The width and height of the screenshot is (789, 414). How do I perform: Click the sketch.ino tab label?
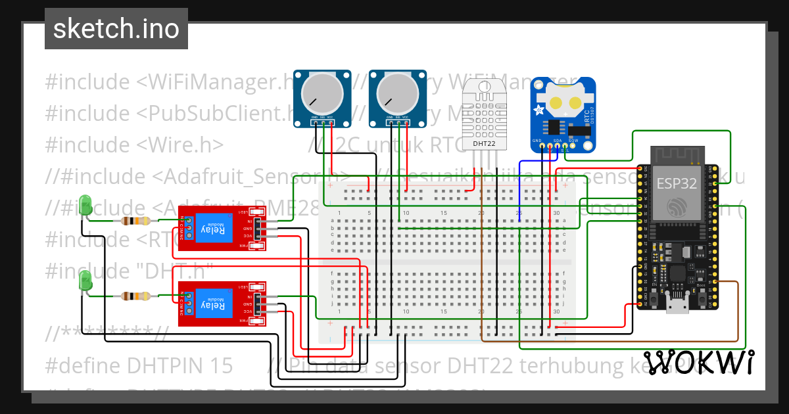(116, 29)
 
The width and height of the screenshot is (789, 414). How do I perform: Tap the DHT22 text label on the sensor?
(484, 142)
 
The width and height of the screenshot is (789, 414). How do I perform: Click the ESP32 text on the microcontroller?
(678, 184)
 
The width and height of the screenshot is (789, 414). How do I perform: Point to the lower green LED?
(84, 283)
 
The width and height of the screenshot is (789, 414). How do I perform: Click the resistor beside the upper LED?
(135, 221)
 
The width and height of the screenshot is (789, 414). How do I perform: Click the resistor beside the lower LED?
(135, 296)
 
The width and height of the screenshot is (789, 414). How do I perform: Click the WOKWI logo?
(698, 362)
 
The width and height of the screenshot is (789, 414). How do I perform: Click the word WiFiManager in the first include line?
(217, 83)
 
